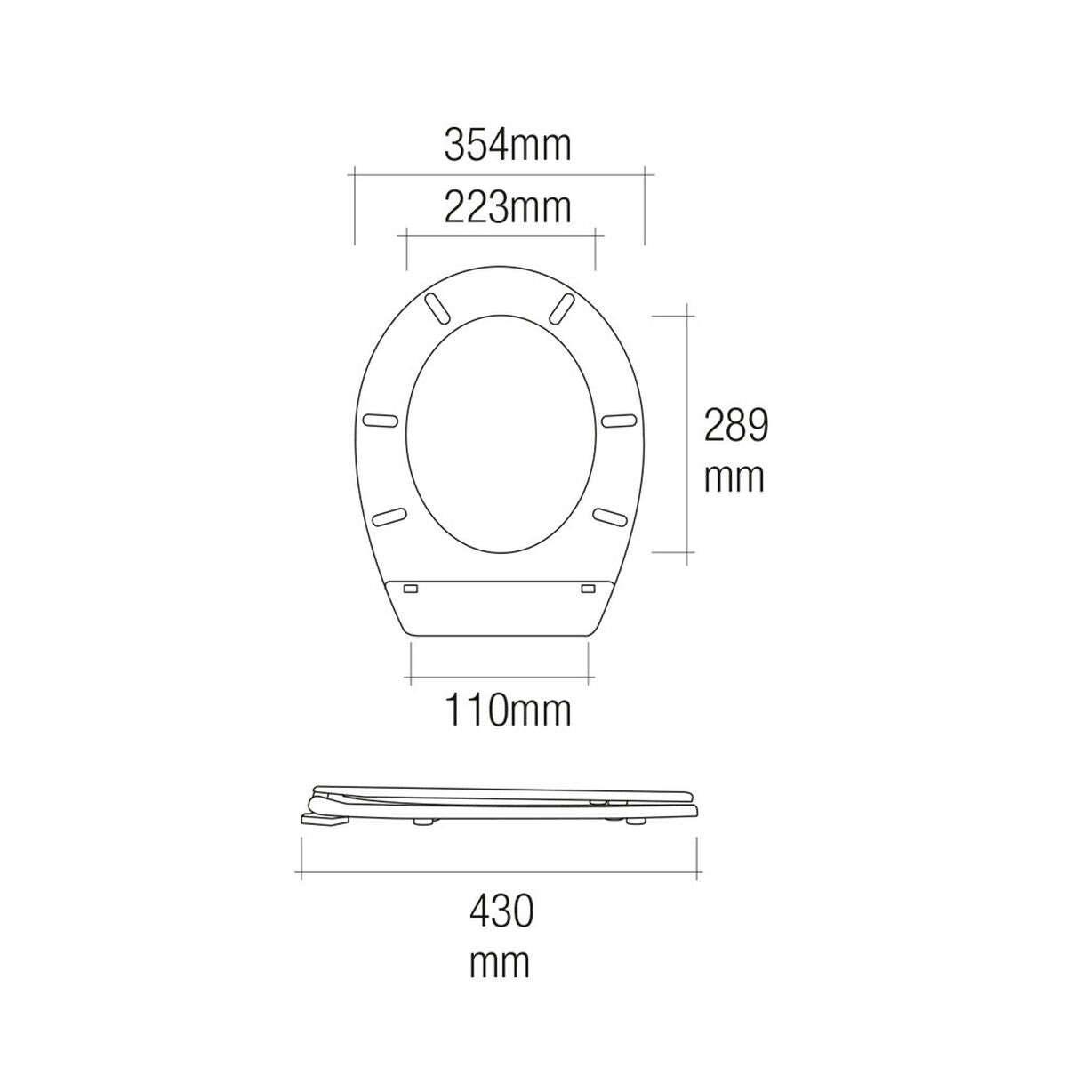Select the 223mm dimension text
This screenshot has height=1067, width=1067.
pos(507,209)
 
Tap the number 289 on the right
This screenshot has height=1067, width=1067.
pos(735,426)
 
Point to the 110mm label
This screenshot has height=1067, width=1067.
pos(507,711)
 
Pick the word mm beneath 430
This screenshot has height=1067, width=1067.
pos(500,962)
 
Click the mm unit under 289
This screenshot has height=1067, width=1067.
pos(734,478)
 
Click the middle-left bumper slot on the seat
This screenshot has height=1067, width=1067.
pos(383,419)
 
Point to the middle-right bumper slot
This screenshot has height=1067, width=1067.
pos(617,419)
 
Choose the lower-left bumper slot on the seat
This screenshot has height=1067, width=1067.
pos(389,516)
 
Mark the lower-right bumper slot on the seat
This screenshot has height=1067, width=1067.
pos(611,516)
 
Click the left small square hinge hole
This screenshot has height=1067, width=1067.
pos(411,589)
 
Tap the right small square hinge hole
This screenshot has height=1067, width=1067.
pos(588,589)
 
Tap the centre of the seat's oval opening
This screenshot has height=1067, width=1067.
pos(500,432)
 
